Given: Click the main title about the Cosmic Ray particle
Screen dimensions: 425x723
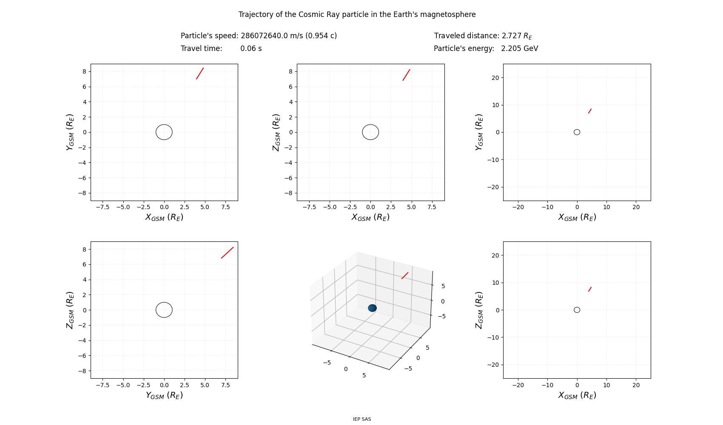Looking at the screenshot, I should tap(357, 14).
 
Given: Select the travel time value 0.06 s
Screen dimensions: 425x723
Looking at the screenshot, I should tap(251, 48).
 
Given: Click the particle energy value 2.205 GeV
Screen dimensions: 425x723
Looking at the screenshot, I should tap(519, 48).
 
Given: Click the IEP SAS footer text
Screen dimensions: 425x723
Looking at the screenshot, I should tap(362, 419).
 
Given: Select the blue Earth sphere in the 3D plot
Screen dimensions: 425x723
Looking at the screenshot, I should tap(372, 308).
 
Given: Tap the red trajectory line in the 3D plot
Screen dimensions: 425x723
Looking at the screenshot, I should tap(405, 275).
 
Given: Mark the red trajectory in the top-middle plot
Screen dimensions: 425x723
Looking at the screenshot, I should tap(406, 75).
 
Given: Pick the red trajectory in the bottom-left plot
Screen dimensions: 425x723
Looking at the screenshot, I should tap(227, 252).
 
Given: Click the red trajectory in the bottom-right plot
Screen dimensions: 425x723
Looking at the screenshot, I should tap(590, 289).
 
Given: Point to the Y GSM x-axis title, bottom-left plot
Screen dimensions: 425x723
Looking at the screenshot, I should tap(164, 395).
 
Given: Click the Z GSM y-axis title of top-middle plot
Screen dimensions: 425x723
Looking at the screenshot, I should tap(276, 132).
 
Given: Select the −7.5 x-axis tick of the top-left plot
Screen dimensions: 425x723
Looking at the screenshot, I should tap(102, 207).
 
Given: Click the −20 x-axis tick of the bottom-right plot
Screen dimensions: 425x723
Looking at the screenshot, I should tap(518, 385).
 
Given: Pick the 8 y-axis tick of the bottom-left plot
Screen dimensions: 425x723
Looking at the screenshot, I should tap(84, 249).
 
